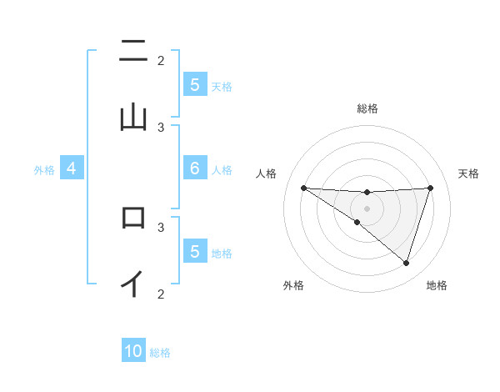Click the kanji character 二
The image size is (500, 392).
pos(133,52)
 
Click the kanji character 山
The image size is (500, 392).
pos(133,118)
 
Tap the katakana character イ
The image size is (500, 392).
pos(133,283)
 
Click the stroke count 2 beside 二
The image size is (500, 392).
pos(161,60)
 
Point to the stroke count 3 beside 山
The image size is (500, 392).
pos(161,127)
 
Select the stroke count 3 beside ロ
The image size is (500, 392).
pos(161,226)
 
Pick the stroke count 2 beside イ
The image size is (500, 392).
pos(161,293)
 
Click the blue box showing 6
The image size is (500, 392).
pos(194,168)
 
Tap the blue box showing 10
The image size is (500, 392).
pos(133,351)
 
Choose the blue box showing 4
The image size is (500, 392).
pos(71,168)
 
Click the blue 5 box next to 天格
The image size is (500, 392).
pos(194,84)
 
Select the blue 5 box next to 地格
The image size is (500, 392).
pos(194,251)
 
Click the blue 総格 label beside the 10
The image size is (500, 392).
pos(160,353)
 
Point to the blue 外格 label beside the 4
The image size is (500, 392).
pos(44,170)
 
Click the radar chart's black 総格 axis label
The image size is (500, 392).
pos(367,108)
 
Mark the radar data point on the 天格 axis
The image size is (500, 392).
pos(431,188)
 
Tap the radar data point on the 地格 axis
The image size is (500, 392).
pos(407,263)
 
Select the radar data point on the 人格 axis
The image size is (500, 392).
pos(303,188)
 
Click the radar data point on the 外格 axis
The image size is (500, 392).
pos(357,223)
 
